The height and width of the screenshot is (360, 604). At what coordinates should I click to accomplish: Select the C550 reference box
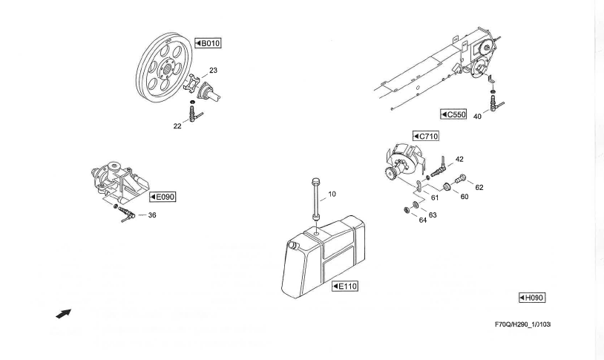pos(452,115)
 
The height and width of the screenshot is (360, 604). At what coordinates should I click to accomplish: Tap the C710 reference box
pos(427,137)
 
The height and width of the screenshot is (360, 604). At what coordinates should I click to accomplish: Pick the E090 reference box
pos(163,197)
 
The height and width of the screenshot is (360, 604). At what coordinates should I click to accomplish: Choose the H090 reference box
pos(532,298)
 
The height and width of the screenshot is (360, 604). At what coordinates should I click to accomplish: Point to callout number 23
pos(213,71)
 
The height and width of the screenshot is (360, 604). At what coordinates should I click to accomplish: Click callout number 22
pos(177,126)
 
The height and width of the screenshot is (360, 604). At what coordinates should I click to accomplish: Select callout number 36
pos(152,216)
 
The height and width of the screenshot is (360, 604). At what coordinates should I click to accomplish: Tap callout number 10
pos(332,194)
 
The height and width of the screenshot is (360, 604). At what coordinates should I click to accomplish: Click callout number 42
pos(459,159)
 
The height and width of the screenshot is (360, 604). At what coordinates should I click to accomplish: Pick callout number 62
pos(479,188)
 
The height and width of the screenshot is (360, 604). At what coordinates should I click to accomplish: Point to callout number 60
pos(465,197)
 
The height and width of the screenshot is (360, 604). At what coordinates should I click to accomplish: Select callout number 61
pos(436,197)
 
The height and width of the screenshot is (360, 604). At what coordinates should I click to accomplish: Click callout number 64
pos(423,220)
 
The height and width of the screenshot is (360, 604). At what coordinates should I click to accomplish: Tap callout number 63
pos(433,215)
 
